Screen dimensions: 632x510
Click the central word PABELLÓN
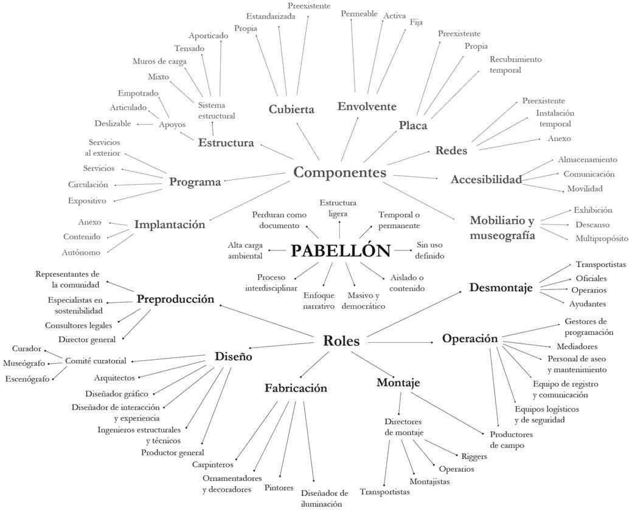(x=340, y=250)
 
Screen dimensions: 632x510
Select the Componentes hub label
(x=339, y=172)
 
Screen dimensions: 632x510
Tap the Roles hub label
(x=341, y=341)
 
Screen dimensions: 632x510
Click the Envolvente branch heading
(x=367, y=106)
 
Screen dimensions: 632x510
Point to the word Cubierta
(x=291, y=109)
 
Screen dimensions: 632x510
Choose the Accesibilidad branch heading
(x=486, y=179)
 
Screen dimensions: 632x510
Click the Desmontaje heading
(x=501, y=288)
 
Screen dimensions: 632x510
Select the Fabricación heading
(x=296, y=388)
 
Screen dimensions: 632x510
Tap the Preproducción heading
(x=175, y=299)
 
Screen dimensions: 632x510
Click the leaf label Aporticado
(x=208, y=36)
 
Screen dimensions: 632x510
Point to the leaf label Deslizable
(x=113, y=123)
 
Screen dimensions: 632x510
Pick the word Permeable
(x=359, y=13)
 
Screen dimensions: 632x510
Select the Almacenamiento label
(x=587, y=159)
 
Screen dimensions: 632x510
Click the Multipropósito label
(x=602, y=238)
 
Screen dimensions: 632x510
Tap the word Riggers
(x=474, y=455)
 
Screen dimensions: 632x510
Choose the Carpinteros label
(x=213, y=464)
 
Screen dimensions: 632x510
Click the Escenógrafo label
(x=27, y=379)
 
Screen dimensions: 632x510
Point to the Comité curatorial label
(x=95, y=360)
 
